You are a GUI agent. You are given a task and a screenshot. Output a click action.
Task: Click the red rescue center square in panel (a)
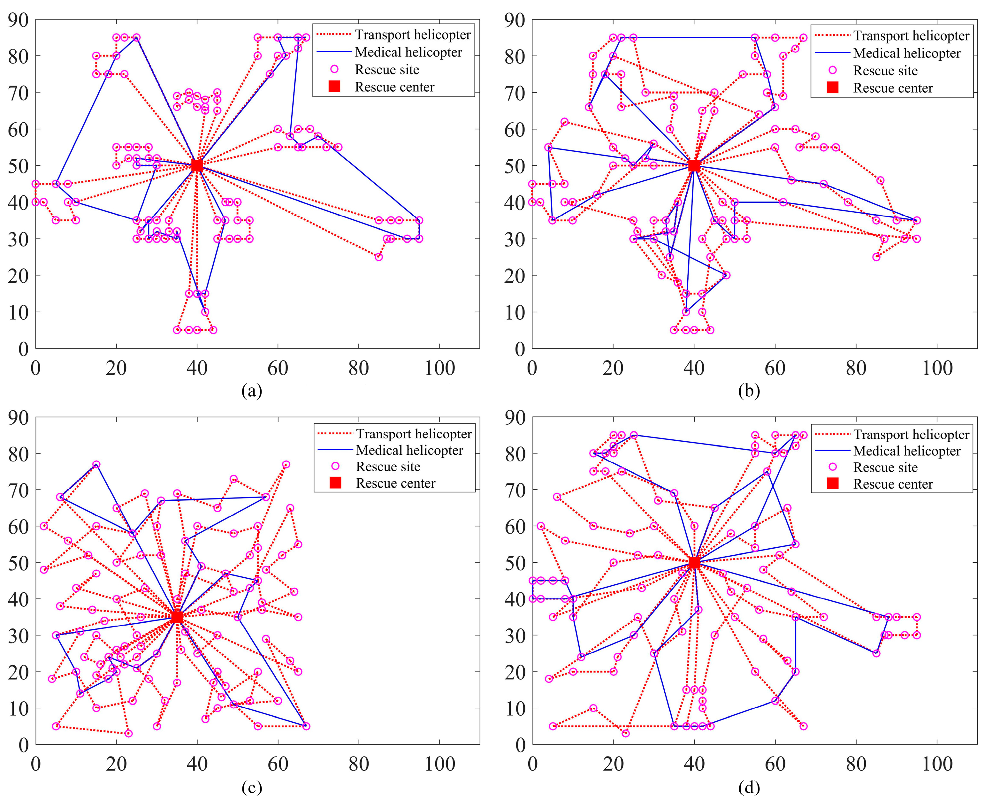(197, 166)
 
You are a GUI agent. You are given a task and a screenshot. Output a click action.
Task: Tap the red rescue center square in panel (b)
(694, 166)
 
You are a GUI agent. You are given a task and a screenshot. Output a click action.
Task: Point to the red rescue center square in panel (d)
(694, 562)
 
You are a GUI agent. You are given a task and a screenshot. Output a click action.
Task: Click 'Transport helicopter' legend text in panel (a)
(412, 35)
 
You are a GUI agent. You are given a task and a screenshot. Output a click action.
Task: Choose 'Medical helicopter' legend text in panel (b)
(906, 53)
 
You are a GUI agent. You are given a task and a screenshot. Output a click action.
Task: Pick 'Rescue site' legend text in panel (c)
(388, 467)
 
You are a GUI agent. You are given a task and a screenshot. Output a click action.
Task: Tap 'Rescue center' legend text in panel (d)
(893, 484)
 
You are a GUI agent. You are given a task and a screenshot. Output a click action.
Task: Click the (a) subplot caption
(252, 391)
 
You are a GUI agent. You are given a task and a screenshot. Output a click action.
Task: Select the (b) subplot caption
(749, 391)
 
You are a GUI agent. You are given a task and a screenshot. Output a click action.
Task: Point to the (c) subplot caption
(252, 788)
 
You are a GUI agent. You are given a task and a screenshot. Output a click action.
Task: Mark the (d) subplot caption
(749, 788)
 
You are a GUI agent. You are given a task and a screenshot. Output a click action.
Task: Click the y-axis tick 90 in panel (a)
(19, 20)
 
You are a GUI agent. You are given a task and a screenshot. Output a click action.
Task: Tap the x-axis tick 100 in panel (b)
(937, 368)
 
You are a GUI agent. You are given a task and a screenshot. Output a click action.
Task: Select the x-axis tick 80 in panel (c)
(359, 765)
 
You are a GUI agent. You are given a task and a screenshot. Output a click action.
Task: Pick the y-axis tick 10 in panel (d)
(515, 708)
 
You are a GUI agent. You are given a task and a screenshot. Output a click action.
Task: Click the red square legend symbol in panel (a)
(335, 87)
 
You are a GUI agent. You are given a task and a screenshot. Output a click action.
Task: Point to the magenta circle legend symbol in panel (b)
(832, 71)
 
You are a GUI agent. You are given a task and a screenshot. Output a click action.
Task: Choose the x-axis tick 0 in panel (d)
(533, 765)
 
